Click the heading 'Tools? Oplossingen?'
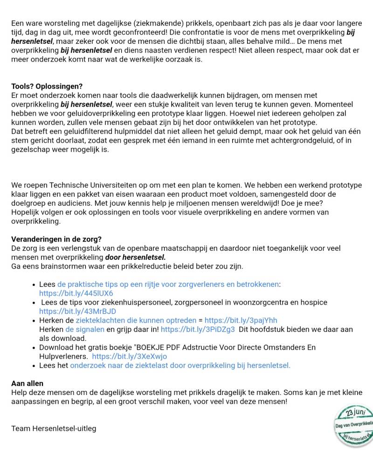pos(47,86)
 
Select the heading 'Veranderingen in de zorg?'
pos(56,240)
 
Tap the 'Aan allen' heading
pos(27,383)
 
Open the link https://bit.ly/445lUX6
pos(76,293)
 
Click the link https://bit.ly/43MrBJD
pos(77,312)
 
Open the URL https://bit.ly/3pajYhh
pos(241,320)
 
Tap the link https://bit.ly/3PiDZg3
pos(197,329)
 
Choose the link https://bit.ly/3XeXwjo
pos(129,356)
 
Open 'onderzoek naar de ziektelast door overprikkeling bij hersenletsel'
pos(180,366)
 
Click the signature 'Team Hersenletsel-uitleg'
pos(54,428)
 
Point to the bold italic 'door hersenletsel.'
pos(135,257)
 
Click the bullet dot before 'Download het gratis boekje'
pos(34,348)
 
